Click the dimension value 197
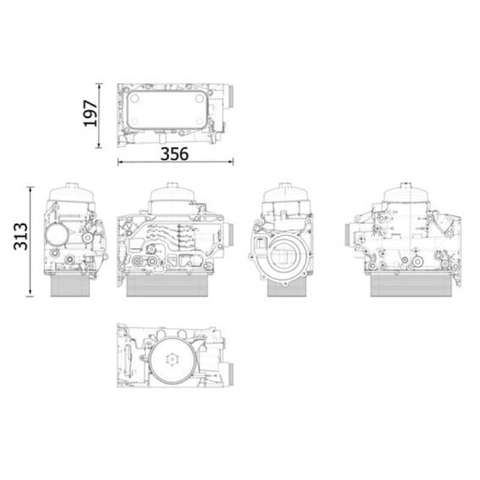tap(91, 113)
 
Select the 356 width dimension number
tap(175, 154)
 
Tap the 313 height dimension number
tap(21, 236)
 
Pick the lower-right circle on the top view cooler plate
tap(199, 121)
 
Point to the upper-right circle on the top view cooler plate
tap(199, 98)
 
